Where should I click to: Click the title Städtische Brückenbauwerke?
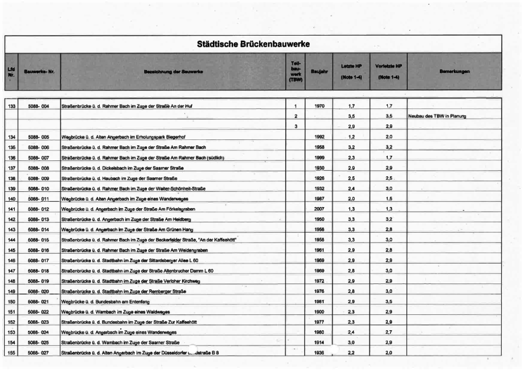click(x=253, y=44)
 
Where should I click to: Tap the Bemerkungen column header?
click(x=454, y=72)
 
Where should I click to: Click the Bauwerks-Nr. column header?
click(x=39, y=72)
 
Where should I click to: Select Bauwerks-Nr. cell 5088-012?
click(x=39, y=209)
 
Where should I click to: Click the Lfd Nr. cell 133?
click(x=11, y=106)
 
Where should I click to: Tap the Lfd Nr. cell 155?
click(x=11, y=353)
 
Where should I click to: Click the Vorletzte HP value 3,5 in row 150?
click(x=388, y=302)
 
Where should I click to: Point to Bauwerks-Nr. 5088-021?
click(x=39, y=302)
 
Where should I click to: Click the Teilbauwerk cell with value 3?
click(x=296, y=127)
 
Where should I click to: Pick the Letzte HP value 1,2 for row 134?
click(x=352, y=137)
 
